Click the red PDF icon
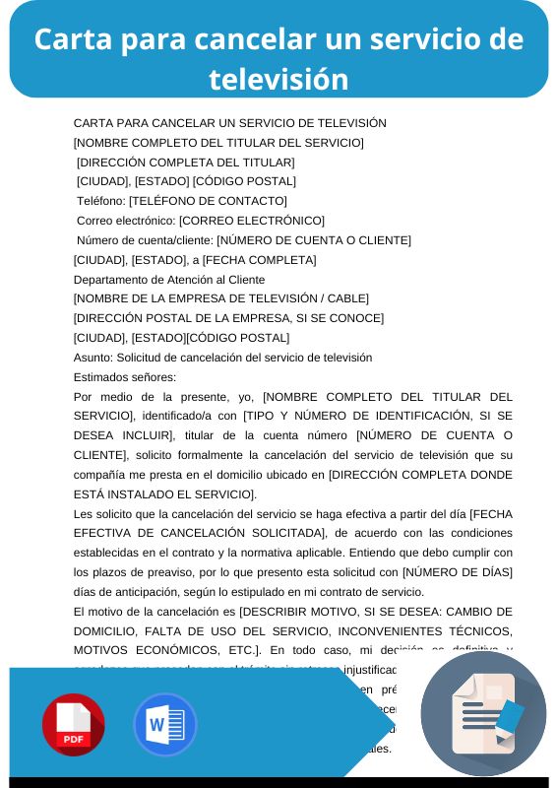(x=73, y=725)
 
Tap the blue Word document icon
(x=165, y=725)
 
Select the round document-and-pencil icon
(x=483, y=714)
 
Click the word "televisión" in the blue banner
(x=278, y=78)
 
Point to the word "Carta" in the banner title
(x=73, y=38)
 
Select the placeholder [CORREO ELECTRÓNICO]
(x=252, y=221)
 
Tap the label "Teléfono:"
(x=100, y=201)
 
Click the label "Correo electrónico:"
(x=126, y=221)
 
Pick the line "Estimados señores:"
(x=125, y=376)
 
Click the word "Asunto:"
(x=93, y=357)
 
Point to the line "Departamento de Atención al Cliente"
(x=169, y=279)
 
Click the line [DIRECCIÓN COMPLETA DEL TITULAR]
(x=186, y=163)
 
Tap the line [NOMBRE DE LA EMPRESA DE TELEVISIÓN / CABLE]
(x=221, y=298)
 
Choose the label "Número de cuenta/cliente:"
(x=145, y=240)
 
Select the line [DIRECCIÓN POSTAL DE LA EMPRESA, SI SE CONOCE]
(x=228, y=318)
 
